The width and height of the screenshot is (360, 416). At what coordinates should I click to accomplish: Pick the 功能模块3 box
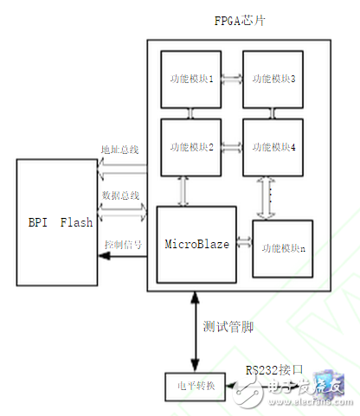coord(273,79)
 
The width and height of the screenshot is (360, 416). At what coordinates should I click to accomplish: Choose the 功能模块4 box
coord(273,147)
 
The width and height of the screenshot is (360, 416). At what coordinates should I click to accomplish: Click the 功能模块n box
coord(280,248)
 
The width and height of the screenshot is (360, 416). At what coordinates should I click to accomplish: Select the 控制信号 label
coord(122,244)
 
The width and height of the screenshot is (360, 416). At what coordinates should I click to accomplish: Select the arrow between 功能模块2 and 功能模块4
coord(231,146)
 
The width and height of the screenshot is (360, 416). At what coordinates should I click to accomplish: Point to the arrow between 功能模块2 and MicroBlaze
coord(183,189)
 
